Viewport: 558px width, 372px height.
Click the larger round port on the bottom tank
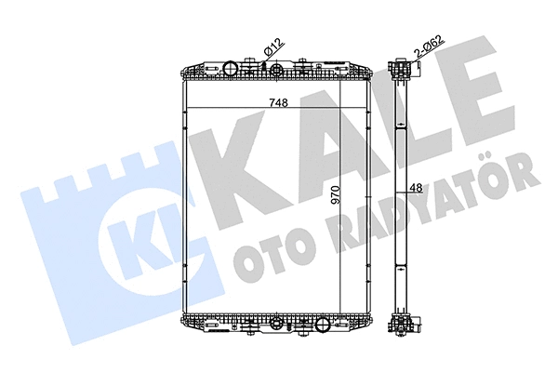pyautogui.click(x=322, y=326)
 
